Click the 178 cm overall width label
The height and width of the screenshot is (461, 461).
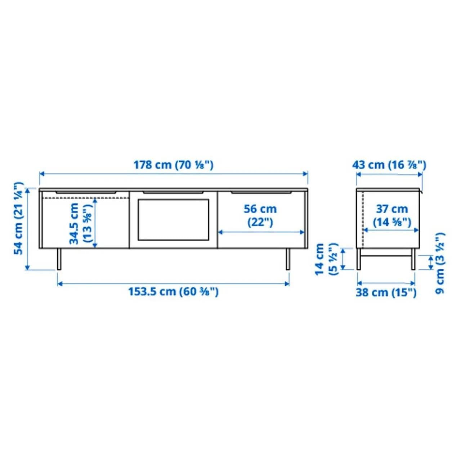[173, 165]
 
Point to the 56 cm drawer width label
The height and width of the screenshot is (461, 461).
[260, 215]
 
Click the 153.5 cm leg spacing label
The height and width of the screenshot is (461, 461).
[173, 291]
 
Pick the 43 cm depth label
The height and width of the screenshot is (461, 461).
[389, 165]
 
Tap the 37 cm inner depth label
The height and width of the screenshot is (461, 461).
[391, 215]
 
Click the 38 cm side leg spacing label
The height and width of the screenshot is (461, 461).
[386, 292]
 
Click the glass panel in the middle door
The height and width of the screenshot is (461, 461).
[173, 220]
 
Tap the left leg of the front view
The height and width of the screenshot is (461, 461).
[59, 259]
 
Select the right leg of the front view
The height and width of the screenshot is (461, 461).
[288, 259]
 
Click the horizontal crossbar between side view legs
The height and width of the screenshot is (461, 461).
[386, 256]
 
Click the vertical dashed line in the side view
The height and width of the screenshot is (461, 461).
[363, 220]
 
